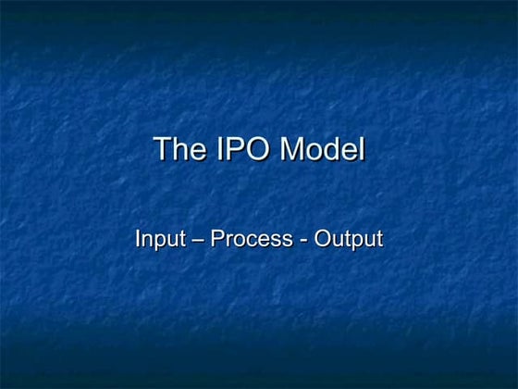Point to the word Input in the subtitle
coord(157,239)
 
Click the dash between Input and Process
coord(196,240)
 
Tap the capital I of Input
coord(138,238)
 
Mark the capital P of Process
coord(217,238)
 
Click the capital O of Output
coord(322,238)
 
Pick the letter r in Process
coord(228,240)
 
